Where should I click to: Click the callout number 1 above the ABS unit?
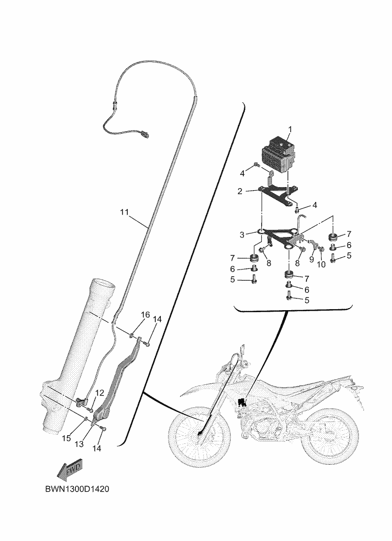pyautogui.click(x=290, y=129)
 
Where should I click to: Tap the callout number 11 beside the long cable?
pyautogui.click(x=124, y=212)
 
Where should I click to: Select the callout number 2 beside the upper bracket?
pyautogui.click(x=240, y=191)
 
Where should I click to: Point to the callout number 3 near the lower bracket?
pyautogui.click(x=242, y=235)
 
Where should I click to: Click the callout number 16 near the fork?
pyautogui.click(x=146, y=315)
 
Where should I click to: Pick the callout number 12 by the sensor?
pyautogui.click(x=99, y=393)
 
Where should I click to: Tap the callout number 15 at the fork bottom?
pyautogui.click(x=66, y=438)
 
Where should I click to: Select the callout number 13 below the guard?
pyautogui.click(x=79, y=444)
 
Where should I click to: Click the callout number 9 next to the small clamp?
pyautogui.click(x=312, y=259)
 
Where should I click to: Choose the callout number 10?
pyautogui.click(x=321, y=264)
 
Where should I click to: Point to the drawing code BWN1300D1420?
pyautogui.click(x=77, y=489)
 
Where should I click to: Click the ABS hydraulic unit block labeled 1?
pyautogui.click(x=278, y=155)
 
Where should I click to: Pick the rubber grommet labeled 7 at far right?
pyautogui.click(x=333, y=237)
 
